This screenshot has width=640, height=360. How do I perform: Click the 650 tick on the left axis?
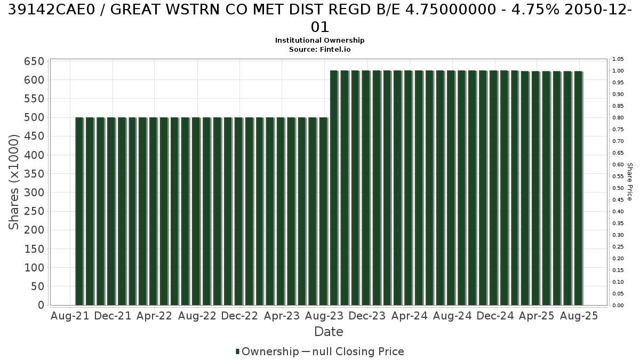[34, 61]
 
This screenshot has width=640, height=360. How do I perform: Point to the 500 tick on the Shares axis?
[34, 117]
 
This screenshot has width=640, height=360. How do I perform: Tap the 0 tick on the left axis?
[41, 305]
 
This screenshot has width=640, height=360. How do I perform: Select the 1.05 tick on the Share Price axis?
[618, 59]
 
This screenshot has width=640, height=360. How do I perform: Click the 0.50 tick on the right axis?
[618, 188]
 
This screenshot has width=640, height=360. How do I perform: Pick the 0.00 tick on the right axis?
[618, 306]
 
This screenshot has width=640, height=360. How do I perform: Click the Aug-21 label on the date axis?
[70, 316]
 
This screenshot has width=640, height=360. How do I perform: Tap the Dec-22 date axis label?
[239, 316]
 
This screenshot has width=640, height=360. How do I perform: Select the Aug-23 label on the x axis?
[324, 316]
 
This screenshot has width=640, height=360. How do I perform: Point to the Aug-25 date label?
[579, 316]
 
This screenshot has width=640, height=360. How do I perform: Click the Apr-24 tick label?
[410, 316]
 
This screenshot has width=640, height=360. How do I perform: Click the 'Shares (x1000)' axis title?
[13, 182]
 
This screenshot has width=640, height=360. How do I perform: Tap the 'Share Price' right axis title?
[629, 182]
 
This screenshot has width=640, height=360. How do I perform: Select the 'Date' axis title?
[329, 332]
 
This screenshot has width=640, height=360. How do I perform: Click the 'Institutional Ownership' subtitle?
[319, 41]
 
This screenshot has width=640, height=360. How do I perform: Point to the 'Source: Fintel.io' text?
[319, 50]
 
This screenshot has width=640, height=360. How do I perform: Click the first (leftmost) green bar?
[79, 211]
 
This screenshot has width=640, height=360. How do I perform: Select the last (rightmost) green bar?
[578, 188]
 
